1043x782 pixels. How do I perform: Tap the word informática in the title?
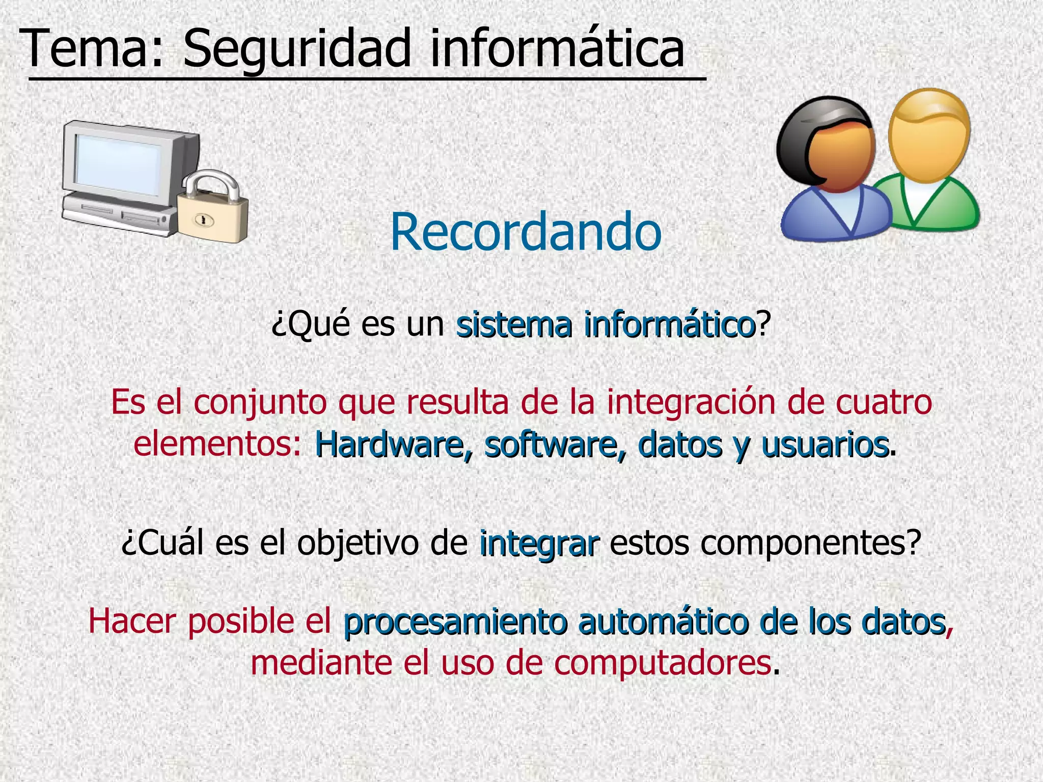(558, 48)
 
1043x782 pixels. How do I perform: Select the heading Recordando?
(526, 232)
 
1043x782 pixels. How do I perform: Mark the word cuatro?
(884, 402)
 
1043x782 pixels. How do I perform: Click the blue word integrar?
(539, 544)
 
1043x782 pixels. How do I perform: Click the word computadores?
(663, 663)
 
